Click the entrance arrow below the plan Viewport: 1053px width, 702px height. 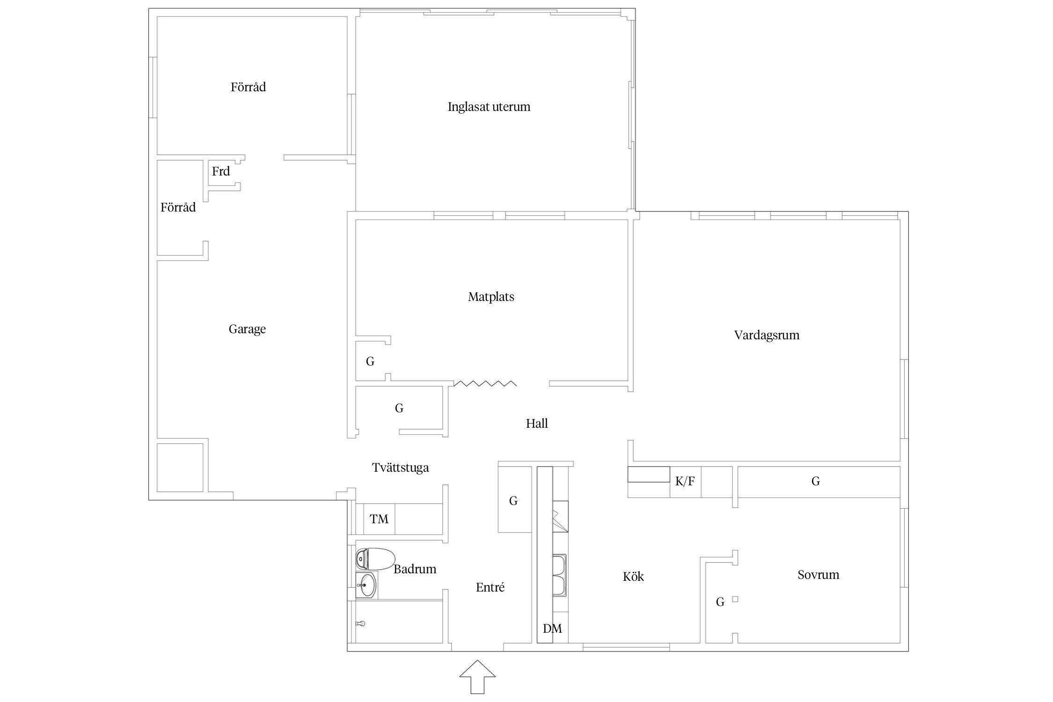pos(477,677)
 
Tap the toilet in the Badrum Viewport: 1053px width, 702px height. pos(375,559)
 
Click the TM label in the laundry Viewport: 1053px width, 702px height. pos(379,519)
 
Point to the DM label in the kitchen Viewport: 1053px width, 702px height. pos(552,629)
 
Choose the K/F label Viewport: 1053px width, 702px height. pos(685,481)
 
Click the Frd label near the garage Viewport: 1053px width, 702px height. pos(221,171)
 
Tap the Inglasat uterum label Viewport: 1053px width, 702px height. pos(489,107)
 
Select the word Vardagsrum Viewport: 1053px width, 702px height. pos(767,335)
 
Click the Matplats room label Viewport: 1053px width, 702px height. pos(491,297)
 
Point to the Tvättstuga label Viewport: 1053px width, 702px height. pos(400,468)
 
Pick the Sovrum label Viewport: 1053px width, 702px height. pos(818,575)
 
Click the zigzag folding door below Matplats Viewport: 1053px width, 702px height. pos(485,384)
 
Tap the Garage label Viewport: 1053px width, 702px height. pos(247,329)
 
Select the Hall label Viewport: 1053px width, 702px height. pos(537,424)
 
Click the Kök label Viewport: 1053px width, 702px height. pos(633,577)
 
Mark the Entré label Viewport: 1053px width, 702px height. pos(490,587)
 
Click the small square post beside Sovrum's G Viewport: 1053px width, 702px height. pos(735,599)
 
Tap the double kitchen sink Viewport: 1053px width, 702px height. pos(560,575)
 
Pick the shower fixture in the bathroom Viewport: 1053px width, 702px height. pos(360,623)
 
